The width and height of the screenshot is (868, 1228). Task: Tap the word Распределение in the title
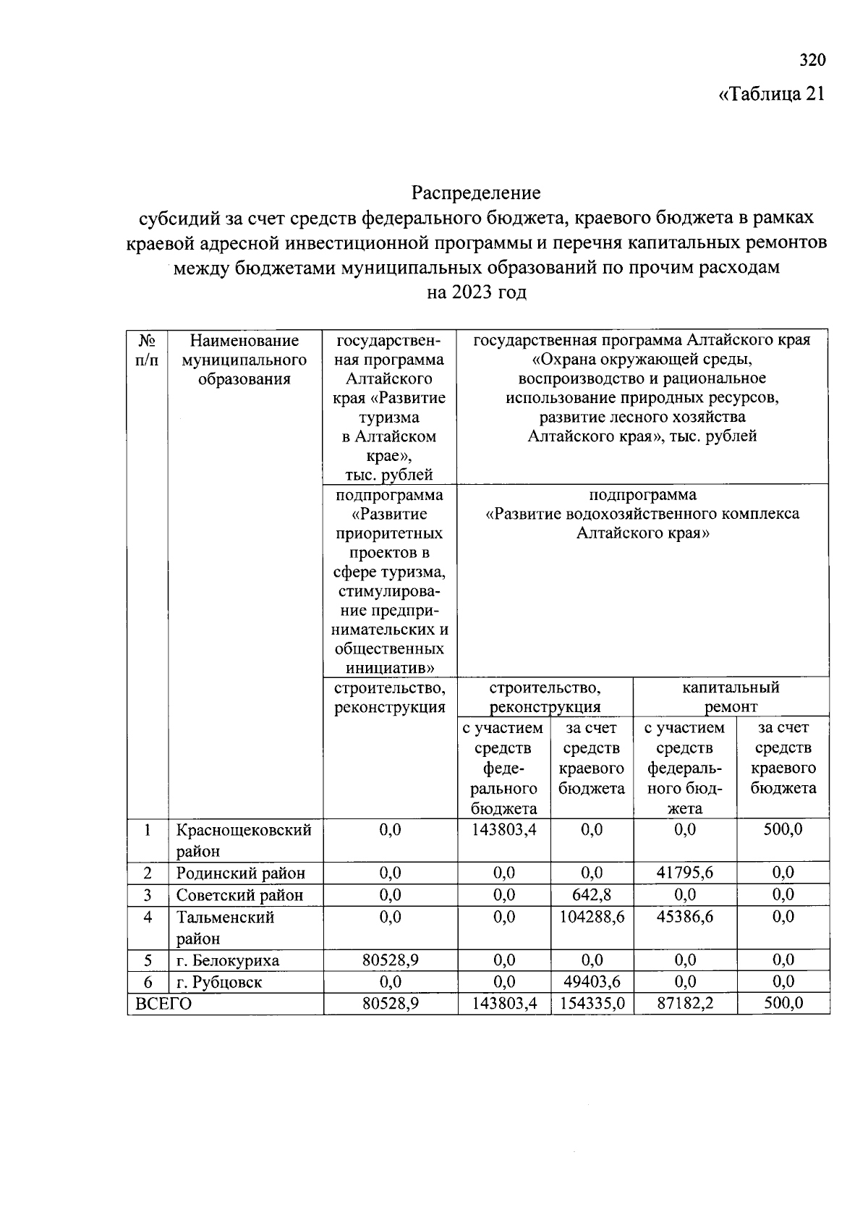coord(476,193)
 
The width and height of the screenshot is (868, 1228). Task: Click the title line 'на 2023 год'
coord(476,292)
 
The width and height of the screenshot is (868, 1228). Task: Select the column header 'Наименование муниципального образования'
coord(244,360)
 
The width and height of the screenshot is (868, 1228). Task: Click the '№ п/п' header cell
coord(147,350)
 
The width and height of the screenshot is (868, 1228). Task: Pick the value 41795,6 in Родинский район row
coord(684,873)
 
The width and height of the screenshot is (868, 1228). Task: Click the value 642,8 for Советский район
coord(591,894)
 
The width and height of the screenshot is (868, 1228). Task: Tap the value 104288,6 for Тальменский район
coord(592,917)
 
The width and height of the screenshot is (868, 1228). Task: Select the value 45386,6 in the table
coord(684,917)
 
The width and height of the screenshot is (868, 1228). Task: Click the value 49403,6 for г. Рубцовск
coord(591,982)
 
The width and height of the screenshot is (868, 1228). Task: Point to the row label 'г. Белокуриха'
coord(228,960)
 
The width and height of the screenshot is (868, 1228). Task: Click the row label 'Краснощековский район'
coord(244,840)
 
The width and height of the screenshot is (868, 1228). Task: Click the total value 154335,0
coord(592,1004)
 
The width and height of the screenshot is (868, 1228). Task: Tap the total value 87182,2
coord(684,1004)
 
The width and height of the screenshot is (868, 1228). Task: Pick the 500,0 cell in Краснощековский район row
coord(783,829)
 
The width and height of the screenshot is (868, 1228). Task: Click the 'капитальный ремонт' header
coord(731,697)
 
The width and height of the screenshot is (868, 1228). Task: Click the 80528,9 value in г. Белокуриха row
coord(390,960)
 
